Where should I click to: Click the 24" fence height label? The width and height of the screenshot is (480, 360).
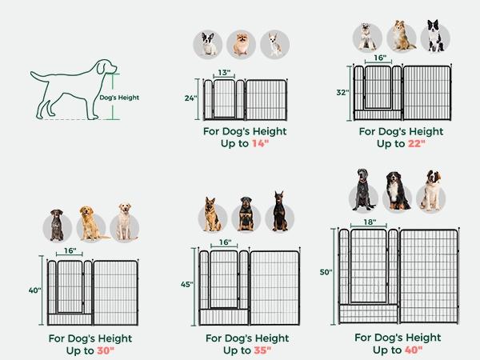coord(190,98)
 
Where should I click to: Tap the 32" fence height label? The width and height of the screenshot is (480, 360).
coord(342,92)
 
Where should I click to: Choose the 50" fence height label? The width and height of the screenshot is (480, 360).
coord(326,273)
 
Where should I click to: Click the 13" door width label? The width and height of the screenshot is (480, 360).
coord(224,73)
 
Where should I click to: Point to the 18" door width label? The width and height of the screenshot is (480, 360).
coord(368,222)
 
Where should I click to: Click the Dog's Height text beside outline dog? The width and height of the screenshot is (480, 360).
coord(119,98)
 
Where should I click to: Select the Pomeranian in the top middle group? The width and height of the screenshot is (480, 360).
coord(241,43)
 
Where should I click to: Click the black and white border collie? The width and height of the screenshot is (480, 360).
coord(434,36)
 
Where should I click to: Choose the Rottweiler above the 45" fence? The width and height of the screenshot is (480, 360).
coord(246,215)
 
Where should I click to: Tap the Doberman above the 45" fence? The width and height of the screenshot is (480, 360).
coord(279,212)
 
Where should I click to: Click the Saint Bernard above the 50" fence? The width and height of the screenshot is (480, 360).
coord(430,190)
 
